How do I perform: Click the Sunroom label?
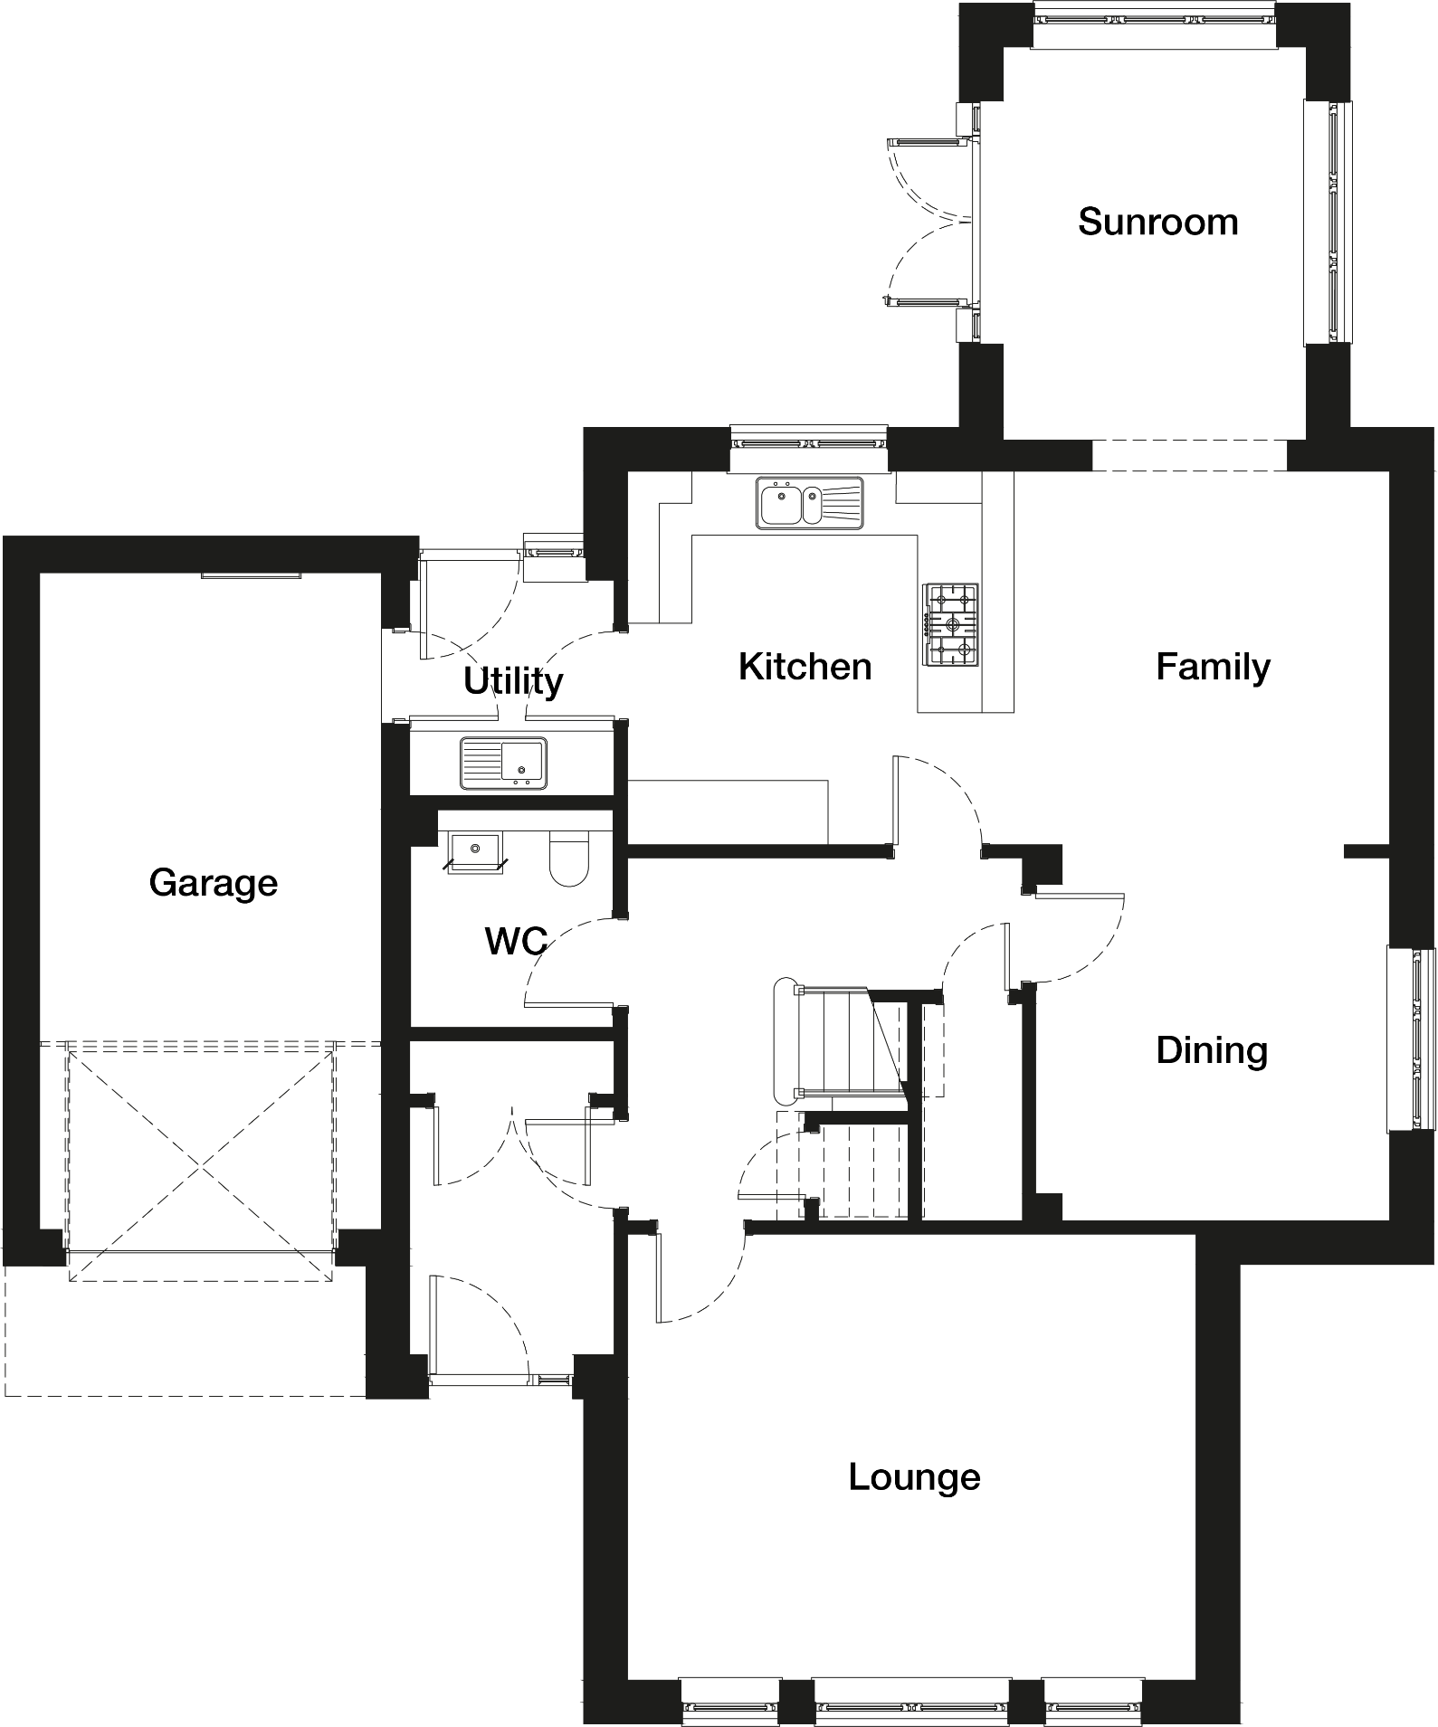point(1157,222)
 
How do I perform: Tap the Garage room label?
point(214,883)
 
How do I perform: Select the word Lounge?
point(914,1477)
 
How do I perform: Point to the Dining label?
point(1212,1050)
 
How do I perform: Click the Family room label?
point(1213,668)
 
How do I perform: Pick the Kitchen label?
point(805,667)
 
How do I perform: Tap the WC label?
point(516,941)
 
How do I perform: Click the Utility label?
point(513,681)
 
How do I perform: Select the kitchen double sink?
point(811,503)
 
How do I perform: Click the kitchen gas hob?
point(951,624)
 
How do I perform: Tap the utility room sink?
point(503,764)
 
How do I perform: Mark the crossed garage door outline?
point(201,1161)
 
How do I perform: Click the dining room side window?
point(1412,1039)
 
